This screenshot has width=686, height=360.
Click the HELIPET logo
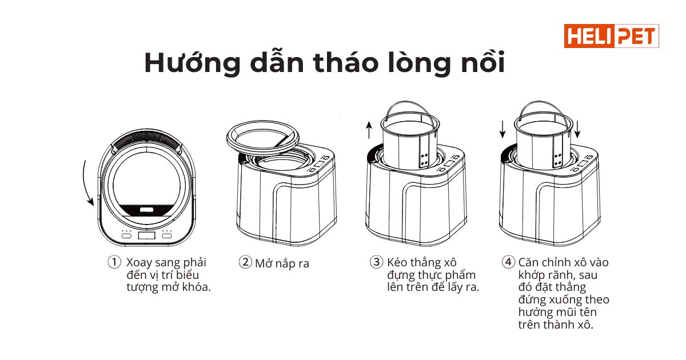pos(611,36)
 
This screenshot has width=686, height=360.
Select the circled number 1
pos(114,262)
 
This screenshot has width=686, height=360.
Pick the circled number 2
pos(245,262)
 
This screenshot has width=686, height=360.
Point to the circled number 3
pos(376,262)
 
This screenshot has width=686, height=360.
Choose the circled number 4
pos(508,262)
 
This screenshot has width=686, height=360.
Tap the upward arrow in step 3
pos(369,130)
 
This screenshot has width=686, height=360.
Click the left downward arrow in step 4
pos(502,130)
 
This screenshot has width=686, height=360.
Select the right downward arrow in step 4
pos(577,130)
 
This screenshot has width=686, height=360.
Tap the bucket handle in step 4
pos(543,102)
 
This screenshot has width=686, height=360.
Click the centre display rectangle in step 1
pos(146,235)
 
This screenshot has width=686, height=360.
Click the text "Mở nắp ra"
pos(282,263)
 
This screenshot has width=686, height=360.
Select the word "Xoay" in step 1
pos(139,263)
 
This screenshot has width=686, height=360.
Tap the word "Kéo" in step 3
pos(397,262)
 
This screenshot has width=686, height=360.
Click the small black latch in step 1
pos(146,210)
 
